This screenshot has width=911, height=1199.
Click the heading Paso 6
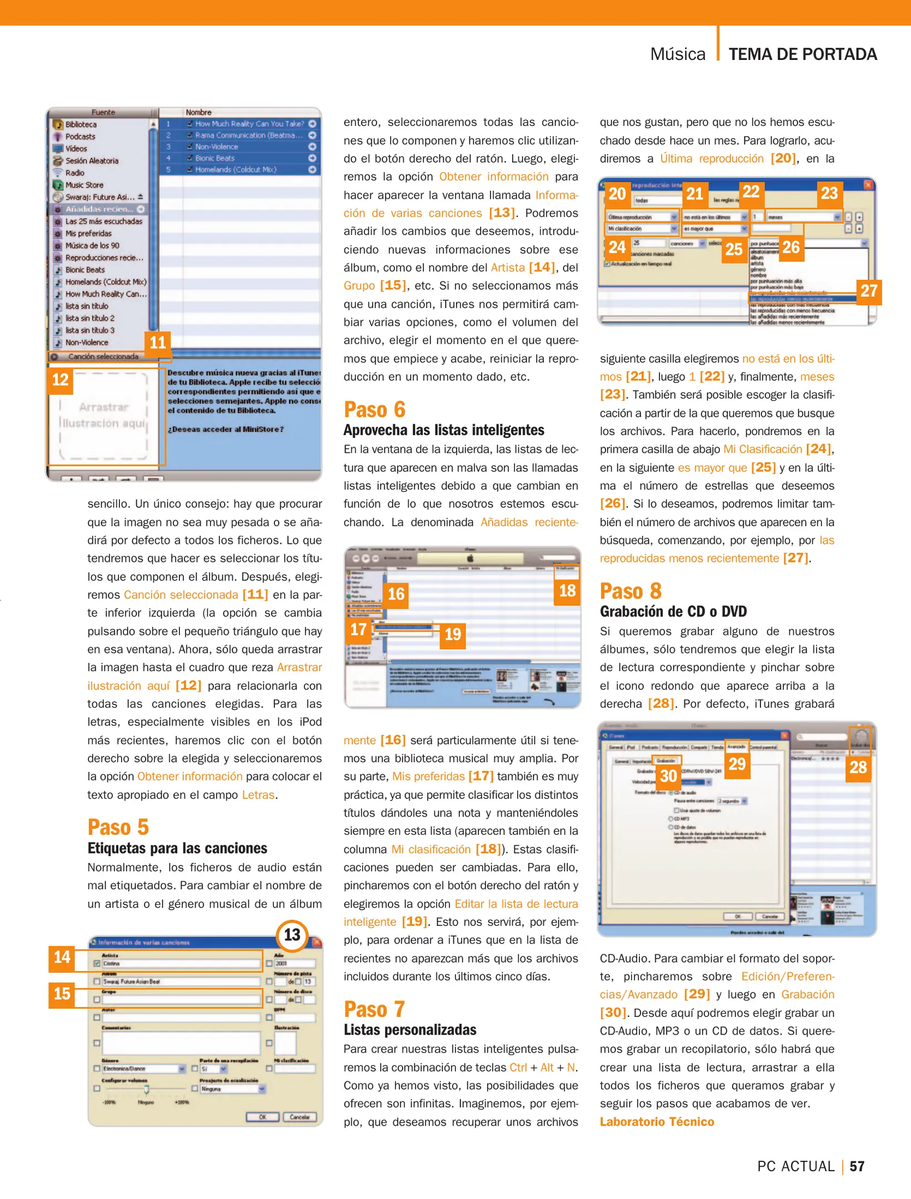[374, 410]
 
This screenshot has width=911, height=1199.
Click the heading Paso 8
[630, 591]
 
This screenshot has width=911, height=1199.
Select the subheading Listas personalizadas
[410, 1030]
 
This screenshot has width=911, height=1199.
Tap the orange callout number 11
[158, 342]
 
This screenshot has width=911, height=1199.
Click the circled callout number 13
[292, 935]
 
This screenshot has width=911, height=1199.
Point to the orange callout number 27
[869, 291]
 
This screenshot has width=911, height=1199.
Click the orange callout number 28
[858, 768]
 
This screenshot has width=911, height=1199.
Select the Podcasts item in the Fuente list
[80, 137]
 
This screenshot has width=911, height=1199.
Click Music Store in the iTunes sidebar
[84, 185]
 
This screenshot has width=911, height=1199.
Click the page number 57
[857, 1166]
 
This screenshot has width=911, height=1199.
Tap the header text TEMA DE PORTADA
[803, 54]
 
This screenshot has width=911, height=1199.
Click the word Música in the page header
[678, 54]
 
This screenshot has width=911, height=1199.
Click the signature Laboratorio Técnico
[657, 1122]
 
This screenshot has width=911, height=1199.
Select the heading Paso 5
[118, 828]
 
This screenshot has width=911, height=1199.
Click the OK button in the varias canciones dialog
[262, 1117]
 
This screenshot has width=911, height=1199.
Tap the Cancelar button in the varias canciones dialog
[299, 1117]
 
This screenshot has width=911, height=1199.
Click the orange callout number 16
[396, 595]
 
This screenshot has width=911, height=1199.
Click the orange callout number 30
[668, 776]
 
